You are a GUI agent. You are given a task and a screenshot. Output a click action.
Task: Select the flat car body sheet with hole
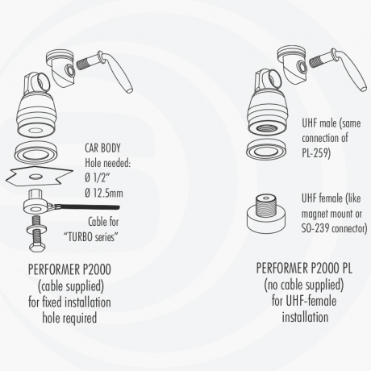pyautogui.click(x=40, y=177)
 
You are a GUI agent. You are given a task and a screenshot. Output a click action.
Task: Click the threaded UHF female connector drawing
pyautogui.click(x=266, y=214)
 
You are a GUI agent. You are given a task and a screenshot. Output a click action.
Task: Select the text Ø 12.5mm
pyautogui.click(x=104, y=193)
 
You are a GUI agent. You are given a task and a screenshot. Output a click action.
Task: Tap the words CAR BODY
pyautogui.click(x=102, y=148)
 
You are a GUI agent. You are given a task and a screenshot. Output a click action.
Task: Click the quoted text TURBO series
pyautogui.click(x=90, y=237)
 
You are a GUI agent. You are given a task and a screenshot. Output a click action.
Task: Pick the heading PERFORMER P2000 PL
pyautogui.click(x=304, y=268)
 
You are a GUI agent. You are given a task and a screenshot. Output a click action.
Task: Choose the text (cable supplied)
pyautogui.click(x=71, y=286)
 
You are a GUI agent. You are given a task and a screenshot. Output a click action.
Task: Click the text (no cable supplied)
pyautogui.click(x=304, y=285)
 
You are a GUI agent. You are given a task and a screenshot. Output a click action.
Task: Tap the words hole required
pyautogui.click(x=69, y=318)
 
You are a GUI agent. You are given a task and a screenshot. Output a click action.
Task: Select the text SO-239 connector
pyautogui.click(x=334, y=228)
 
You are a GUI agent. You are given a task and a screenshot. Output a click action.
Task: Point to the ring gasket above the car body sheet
pyautogui.click(x=36, y=152)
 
